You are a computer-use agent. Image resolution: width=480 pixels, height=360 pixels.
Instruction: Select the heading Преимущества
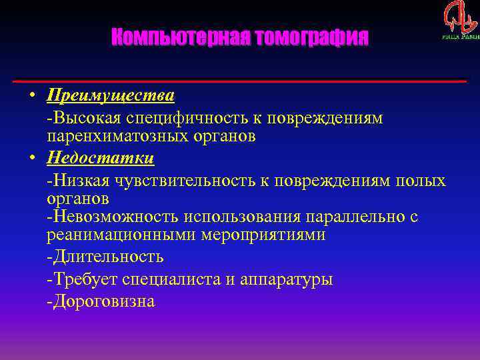point(111,95)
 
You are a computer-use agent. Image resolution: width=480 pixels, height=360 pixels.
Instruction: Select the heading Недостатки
point(101,158)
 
